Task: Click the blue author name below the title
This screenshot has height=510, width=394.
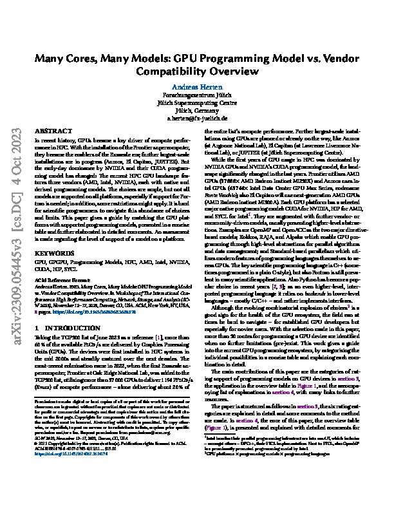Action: pyautogui.click(x=196, y=86)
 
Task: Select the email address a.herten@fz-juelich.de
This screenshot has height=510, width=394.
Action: pyautogui.click(x=196, y=119)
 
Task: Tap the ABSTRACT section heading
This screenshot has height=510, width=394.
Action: pyautogui.click(x=50, y=130)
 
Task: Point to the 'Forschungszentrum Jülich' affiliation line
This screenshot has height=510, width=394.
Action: pyautogui.click(x=196, y=95)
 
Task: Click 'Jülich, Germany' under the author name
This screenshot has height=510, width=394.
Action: pyautogui.click(x=196, y=111)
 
